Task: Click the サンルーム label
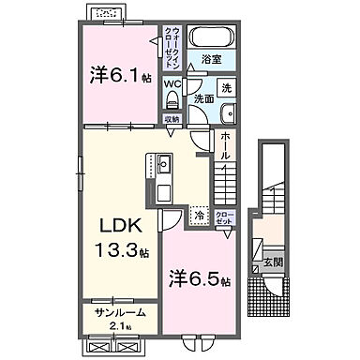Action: click(x=117, y=312)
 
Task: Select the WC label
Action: click(x=172, y=83)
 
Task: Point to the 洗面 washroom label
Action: click(x=203, y=97)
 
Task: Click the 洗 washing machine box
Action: click(x=226, y=87)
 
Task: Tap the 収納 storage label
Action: click(x=172, y=118)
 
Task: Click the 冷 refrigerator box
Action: click(x=200, y=215)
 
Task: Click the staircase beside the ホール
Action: click(x=227, y=175)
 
